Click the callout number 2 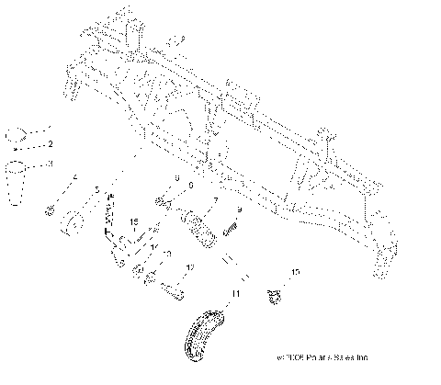(51, 144)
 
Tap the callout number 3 (51, 163)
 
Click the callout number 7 (214, 198)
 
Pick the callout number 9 (239, 209)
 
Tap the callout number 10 (296, 273)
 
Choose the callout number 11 (235, 292)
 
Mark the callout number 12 (190, 267)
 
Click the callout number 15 (133, 223)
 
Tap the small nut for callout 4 (48, 211)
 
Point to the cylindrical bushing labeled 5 (72, 225)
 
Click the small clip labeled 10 (273, 296)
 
